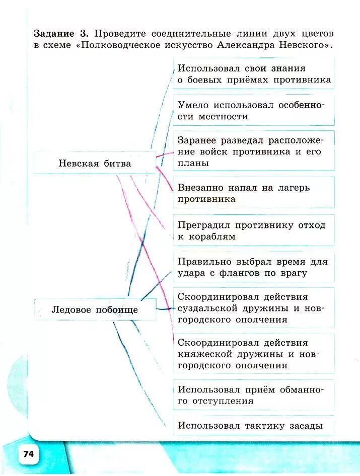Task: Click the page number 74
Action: click(28, 454)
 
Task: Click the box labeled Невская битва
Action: click(95, 163)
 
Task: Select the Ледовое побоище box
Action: click(95, 309)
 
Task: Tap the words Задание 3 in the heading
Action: click(61, 34)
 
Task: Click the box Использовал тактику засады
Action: click(254, 426)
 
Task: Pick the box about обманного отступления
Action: click(254, 395)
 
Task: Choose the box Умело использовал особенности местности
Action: click(254, 110)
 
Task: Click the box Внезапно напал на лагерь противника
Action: click(254, 193)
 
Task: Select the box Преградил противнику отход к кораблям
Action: click(254, 231)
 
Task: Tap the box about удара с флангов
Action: click(254, 267)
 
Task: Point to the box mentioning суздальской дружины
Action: click(254, 308)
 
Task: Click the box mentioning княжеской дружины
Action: click(254, 354)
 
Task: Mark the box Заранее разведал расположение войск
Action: click(254, 151)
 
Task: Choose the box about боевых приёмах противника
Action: click(254, 74)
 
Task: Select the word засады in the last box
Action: click(305, 426)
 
